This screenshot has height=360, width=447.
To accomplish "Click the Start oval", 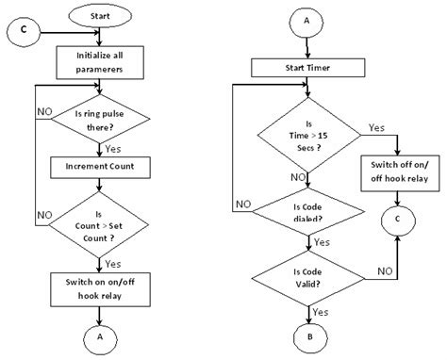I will coord(101,17).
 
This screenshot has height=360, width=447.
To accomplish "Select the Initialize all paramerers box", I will coord(100,61).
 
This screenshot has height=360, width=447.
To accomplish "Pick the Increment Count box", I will coord(100,167).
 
